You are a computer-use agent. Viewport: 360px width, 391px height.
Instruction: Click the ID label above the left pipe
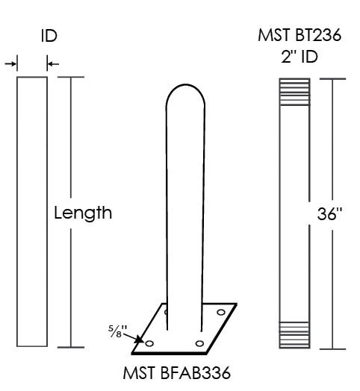pyautogui.click(x=49, y=36)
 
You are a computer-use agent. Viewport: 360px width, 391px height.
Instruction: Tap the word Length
pyautogui.click(x=83, y=213)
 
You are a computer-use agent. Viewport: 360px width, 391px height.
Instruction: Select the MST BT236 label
pyautogui.click(x=300, y=35)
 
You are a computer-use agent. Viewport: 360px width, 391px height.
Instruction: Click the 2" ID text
pyautogui.click(x=300, y=57)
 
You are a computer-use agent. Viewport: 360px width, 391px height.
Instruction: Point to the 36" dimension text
pyautogui.click(x=329, y=214)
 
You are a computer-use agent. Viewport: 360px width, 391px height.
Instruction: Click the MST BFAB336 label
pyautogui.click(x=177, y=373)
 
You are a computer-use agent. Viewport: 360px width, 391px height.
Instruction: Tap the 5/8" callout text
pyautogui.click(x=117, y=331)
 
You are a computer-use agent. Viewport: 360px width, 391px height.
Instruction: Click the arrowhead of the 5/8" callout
pyautogui.click(x=140, y=340)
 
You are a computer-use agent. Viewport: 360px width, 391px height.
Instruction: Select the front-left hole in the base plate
pyautogui.click(x=149, y=344)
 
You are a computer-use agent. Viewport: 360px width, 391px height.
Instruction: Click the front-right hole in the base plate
pyautogui.click(x=199, y=344)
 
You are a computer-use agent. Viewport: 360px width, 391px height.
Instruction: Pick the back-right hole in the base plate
pyautogui.click(x=221, y=312)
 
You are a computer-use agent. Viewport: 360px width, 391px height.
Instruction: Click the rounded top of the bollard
pyautogui.click(x=185, y=85)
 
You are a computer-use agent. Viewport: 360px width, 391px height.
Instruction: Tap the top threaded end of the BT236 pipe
pyautogui.click(x=295, y=92)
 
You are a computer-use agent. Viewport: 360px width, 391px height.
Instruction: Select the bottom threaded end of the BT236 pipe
pyautogui.click(x=295, y=335)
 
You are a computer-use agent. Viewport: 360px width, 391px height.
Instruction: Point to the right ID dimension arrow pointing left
pyautogui.click(x=53, y=64)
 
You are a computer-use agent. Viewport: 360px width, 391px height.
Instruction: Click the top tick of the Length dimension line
pyautogui.click(x=71, y=77)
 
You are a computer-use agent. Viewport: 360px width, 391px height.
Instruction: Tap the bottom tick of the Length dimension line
pyautogui.click(x=71, y=347)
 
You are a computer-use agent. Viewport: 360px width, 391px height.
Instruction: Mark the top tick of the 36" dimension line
pyautogui.click(x=332, y=79)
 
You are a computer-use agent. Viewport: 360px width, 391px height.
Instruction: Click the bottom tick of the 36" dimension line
pyautogui.click(x=332, y=349)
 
